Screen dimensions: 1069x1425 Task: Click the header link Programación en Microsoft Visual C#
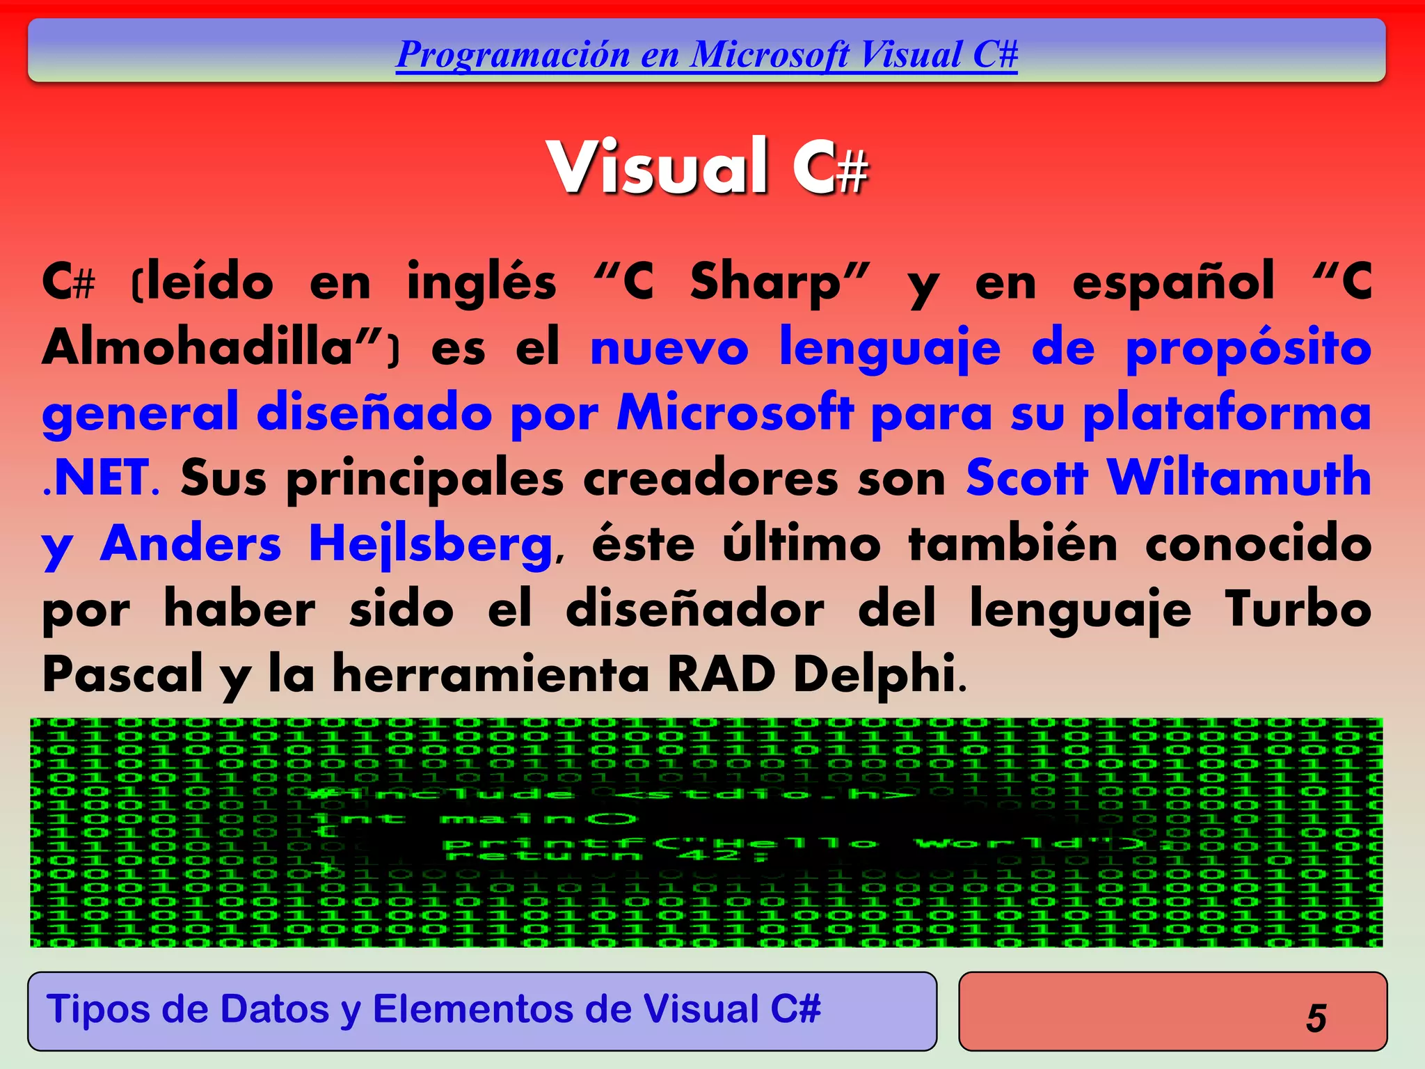[706, 54]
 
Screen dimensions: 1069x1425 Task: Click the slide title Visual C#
[708, 167]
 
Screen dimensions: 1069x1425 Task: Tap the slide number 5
[1316, 1018]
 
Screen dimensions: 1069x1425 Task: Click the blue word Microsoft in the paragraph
[735, 412]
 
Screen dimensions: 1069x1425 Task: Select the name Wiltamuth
[1239, 477]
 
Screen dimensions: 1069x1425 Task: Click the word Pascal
[122, 674]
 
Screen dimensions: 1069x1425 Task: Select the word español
[1173, 282]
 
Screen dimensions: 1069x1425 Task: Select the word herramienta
[491, 674]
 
